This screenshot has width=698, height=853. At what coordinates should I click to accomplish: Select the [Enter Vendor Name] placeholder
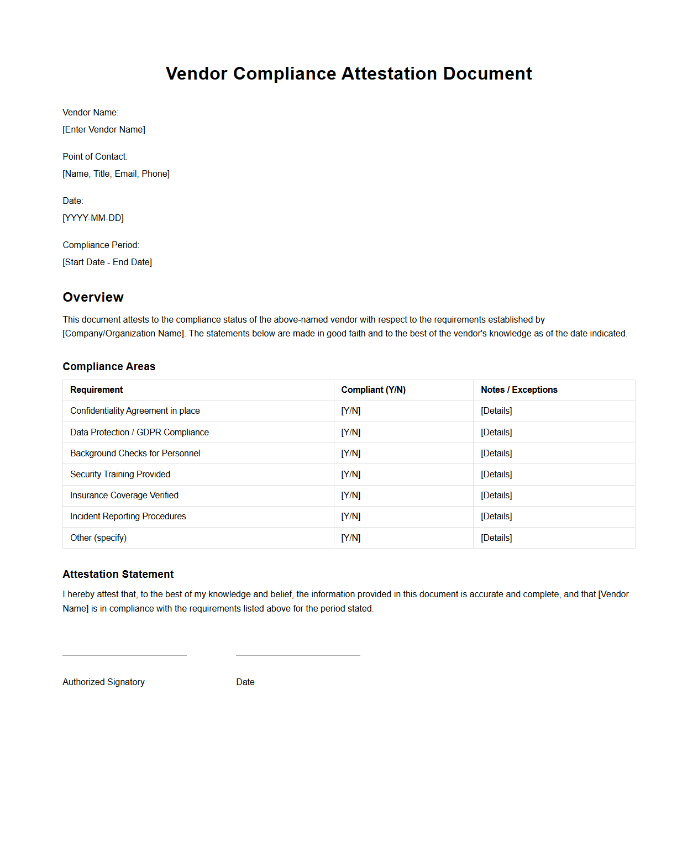pyautogui.click(x=104, y=129)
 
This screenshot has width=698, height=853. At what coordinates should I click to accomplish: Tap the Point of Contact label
pyautogui.click(x=95, y=156)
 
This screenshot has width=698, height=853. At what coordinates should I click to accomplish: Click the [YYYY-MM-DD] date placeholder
pyautogui.click(x=93, y=218)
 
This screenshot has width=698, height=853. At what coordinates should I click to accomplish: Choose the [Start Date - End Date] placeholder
pyautogui.click(x=107, y=262)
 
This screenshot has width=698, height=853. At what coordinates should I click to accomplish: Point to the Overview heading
pyautogui.click(x=93, y=297)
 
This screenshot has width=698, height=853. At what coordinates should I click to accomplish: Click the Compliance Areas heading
pyautogui.click(x=109, y=366)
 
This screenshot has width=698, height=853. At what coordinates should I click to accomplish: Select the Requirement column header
pyautogui.click(x=96, y=389)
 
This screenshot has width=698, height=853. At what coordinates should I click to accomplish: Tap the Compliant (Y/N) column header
pyautogui.click(x=373, y=389)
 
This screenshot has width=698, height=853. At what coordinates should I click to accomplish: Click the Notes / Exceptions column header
pyautogui.click(x=519, y=389)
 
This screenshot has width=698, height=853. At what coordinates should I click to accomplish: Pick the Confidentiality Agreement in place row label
pyautogui.click(x=135, y=410)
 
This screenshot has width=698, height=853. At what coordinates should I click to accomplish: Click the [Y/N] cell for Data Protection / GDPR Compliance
pyautogui.click(x=350, y=432)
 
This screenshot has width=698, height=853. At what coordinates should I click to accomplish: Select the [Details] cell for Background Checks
pyautogui.click(x=496, y=453)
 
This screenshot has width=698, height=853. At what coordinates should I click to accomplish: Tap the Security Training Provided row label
pyautogui.click(x=120, y=474)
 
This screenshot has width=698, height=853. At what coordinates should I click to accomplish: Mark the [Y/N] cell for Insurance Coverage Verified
pyautogui.click(x=350, y=495)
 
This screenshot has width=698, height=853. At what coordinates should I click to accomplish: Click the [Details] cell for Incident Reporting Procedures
pyautogui.click(x=496, y=516)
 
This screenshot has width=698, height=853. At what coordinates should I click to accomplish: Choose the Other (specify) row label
pyautogui.click(x=98, y=538)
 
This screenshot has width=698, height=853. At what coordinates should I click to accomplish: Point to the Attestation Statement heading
pyautogui.click(x=118, y=574)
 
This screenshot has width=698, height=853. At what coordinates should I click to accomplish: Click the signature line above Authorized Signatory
pyautogui.click(x=124, y=655)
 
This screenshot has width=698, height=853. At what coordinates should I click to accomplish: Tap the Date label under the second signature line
pyautogui.click(x=245, y=682)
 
